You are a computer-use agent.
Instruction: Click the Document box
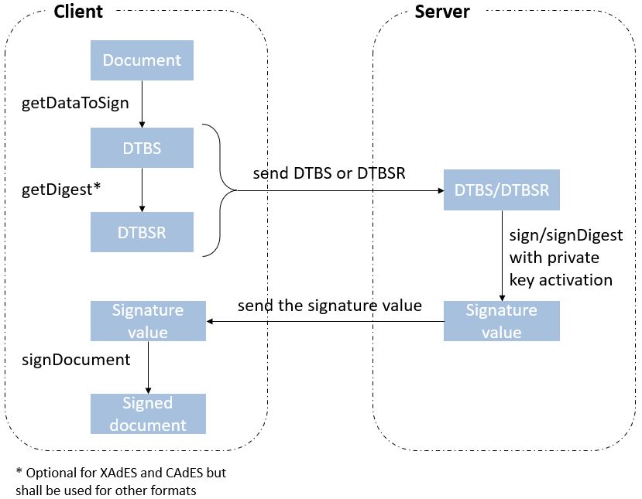point(142,60)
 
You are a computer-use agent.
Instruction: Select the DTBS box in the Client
point(142,148)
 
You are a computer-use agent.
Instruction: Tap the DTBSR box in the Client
point(142,232)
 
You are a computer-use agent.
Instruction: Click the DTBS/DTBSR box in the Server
point(501,190)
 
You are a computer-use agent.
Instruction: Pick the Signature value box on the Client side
point(148,321)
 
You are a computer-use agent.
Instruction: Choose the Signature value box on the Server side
point(501,321)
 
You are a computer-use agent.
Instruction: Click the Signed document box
point(148,414)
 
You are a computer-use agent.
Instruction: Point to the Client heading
point(78,12)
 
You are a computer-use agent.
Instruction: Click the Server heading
point(442,12)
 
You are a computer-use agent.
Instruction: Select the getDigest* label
point(60,190)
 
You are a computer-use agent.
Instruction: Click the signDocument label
point(75,360)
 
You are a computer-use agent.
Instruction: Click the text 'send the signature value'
point(329,306)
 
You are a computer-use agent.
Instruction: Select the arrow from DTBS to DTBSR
point(142,190)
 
